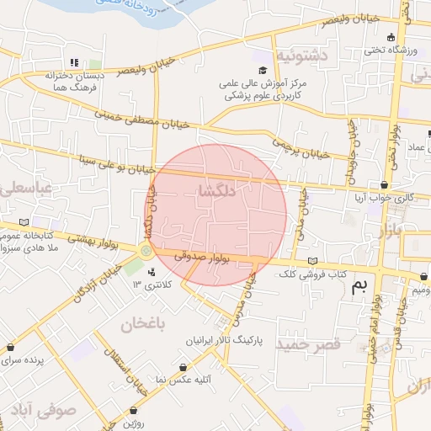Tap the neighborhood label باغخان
143,323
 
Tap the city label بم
360,286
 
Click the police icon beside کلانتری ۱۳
152,272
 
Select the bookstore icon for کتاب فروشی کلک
314,261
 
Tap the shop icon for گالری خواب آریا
385,184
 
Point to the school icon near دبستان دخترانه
74,62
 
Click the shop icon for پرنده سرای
10,346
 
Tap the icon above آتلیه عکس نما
184,366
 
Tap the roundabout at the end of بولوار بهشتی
146,250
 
